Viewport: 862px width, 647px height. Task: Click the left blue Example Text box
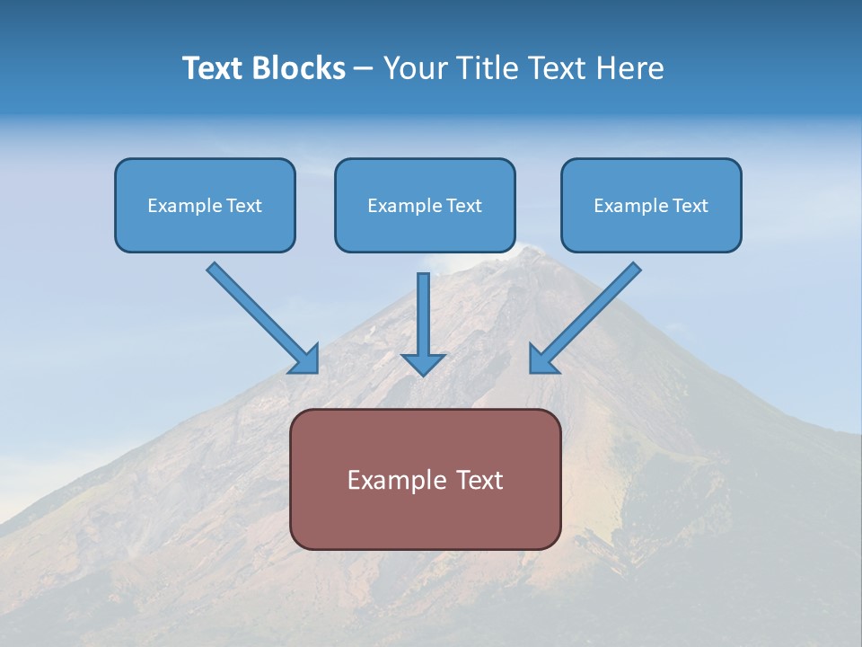(x=205, y=206)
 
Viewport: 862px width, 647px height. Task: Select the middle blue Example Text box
(x=425, y=206)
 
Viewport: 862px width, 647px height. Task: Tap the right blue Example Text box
(x=651, y=206)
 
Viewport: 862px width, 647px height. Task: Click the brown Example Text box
(x=425, y=479)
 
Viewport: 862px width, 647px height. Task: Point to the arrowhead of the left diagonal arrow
(x=305, y=360)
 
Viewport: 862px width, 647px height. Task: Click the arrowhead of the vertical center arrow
(x=423, y=364)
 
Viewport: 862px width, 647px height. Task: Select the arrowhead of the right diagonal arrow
(x=542, y=360)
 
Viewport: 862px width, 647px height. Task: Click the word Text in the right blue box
(x=690, y=206)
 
